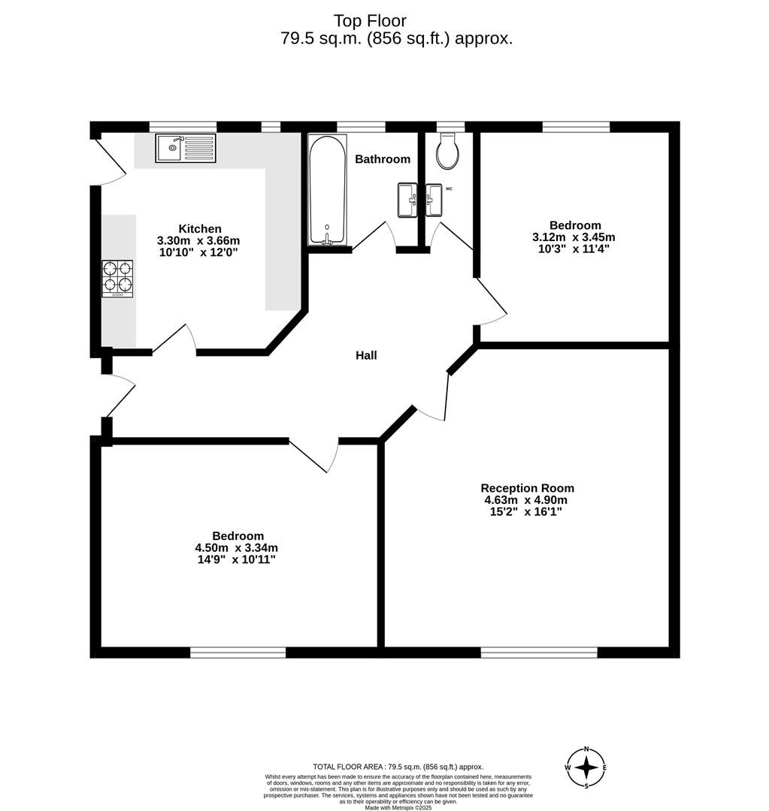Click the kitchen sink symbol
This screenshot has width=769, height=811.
186,148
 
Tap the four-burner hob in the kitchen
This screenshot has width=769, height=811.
117,279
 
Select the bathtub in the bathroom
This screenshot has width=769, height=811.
328,189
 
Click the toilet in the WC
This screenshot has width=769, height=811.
448,151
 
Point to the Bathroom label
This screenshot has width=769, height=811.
383,159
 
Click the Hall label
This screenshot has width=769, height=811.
366,355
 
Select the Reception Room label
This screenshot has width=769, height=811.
527,488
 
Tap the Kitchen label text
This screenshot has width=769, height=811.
200,229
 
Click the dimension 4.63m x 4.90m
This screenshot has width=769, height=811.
525,500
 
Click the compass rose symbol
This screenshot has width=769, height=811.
586,767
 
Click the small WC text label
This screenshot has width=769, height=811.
449,188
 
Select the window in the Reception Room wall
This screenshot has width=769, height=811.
539,653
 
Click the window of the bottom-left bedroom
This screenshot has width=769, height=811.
238,653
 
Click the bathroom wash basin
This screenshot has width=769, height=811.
407,200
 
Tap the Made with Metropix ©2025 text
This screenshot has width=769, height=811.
399,807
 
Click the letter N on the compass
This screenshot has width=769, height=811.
586,749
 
